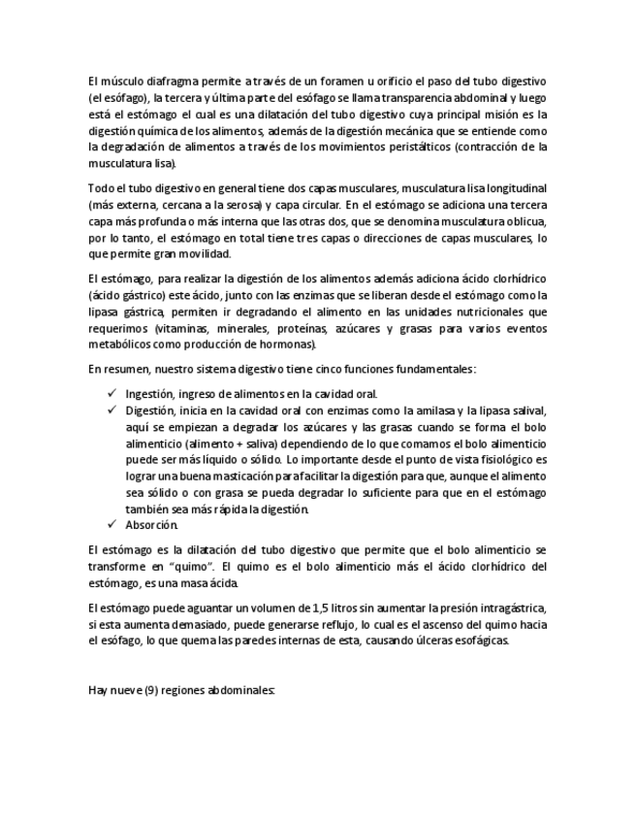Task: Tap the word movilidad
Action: [203, 254]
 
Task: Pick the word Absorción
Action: [152, 525]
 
